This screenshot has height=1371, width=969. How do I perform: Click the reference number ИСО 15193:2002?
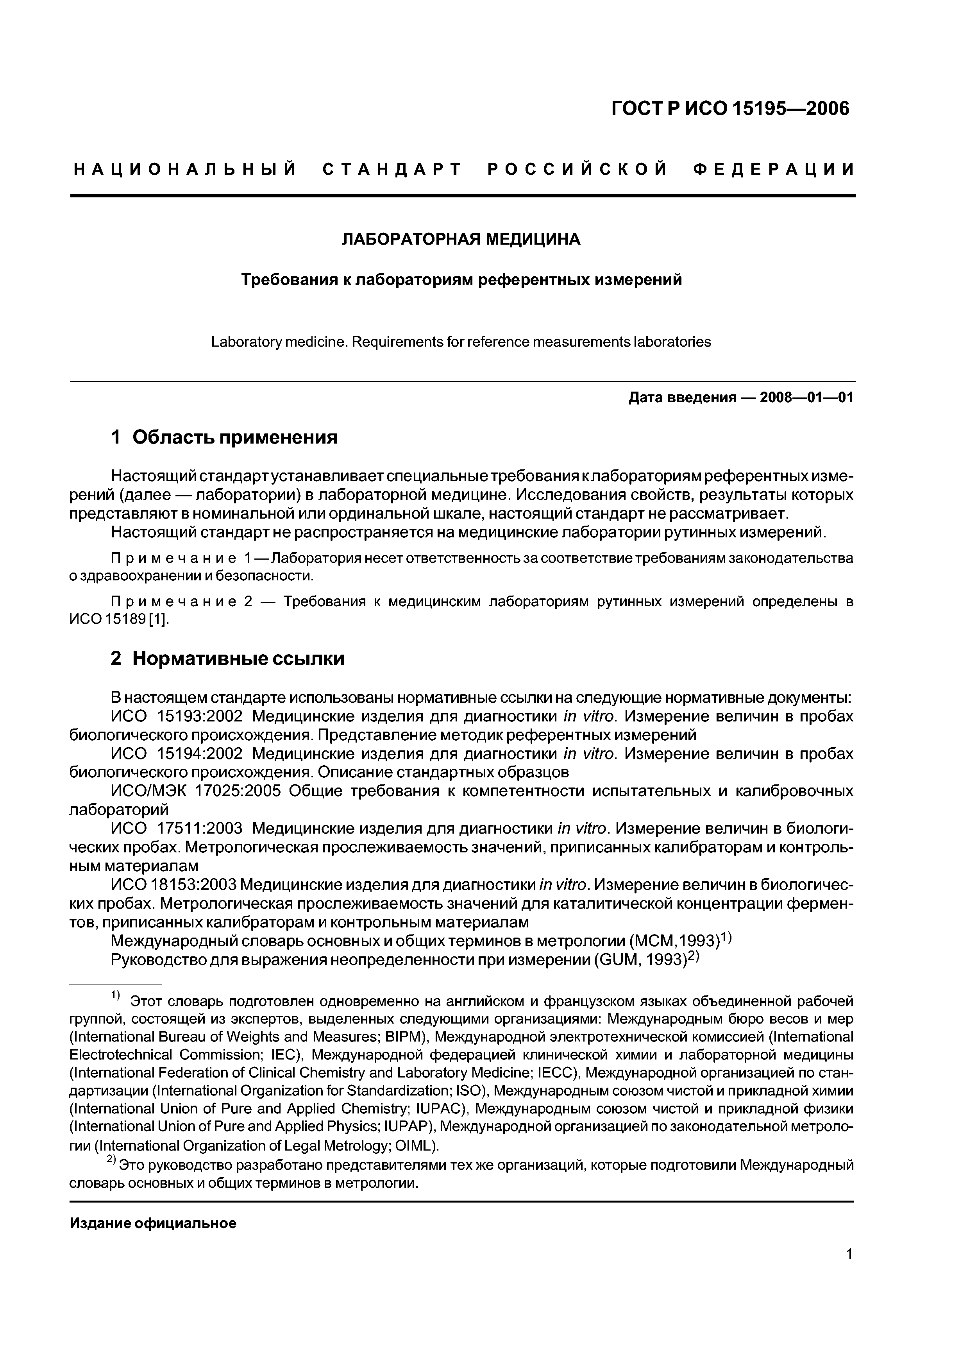177,716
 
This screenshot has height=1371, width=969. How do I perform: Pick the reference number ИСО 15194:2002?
177,754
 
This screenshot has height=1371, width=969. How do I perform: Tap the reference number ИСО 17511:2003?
177,829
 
